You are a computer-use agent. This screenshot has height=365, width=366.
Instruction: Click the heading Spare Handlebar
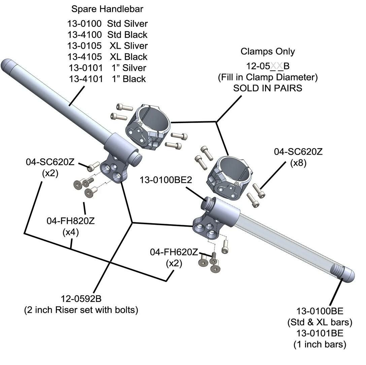[x=107, y=9]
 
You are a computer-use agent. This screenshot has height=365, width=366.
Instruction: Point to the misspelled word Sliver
[x=136, y=46]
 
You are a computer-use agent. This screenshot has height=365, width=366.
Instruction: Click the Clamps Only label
[x=267, y=51]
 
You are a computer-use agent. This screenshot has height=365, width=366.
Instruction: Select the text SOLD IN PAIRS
[x=267, y=88]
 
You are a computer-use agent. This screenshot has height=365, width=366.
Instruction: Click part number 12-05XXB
[x=267, y=66]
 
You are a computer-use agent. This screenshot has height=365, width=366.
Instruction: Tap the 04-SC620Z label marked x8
[x=298, y=152]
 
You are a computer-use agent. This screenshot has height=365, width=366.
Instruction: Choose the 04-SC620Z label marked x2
[x=50, y=162]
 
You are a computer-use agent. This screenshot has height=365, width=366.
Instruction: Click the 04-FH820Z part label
[x=70, y=221]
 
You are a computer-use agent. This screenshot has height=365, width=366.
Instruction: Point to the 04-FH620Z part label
[x=174, y=252]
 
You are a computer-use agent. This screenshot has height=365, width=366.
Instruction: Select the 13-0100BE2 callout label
[x=166, y=180]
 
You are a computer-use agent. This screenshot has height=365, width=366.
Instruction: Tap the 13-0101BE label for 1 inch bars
[x=320, y=333]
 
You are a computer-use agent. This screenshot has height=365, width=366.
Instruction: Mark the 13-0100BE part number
[x=320, y=311]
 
